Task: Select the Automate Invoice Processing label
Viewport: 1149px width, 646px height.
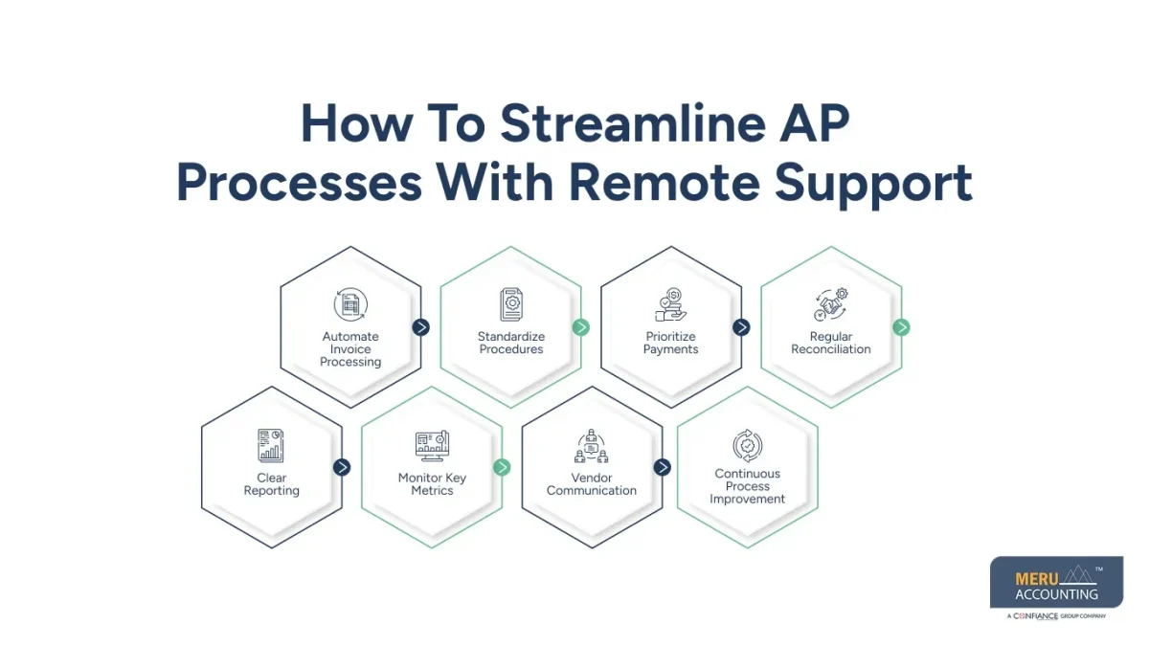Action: pyautogui.click(x=350, y=349)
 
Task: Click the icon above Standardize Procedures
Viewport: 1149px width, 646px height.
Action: pyautogui.click(x=511, y=304)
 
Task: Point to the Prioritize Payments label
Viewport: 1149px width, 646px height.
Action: pyautogui.click(x=671, y=343)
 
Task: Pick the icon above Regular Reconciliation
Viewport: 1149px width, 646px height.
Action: pyautogui.click(x=830, y=304)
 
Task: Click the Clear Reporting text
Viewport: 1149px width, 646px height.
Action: pyautogui.click(x=272, y=484)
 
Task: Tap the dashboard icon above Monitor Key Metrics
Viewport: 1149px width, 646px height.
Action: pyautogui.click(x=432, y=445)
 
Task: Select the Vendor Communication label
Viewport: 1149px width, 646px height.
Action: pyautogui.click(x=592, y=484)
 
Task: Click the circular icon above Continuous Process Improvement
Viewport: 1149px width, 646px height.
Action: pyautogui.click(x=747, y=445)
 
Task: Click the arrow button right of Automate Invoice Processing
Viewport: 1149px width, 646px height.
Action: pyautogui.click(x=421, y=327)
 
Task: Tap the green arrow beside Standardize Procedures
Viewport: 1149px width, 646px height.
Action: pyautogui.click(x=581, y=327)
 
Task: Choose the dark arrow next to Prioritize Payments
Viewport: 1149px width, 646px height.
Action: pyautogui.click(x=741, y=327)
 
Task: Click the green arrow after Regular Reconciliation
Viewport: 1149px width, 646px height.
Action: pyautogui.click(x=901, y=327)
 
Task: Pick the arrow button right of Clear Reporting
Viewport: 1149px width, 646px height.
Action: pyautogui.click(x=342, y=467)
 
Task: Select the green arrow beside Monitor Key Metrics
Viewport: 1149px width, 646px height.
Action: pyautogui.click(x=502, y=467)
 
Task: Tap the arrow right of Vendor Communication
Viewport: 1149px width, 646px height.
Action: pyautogui.click(x=662, y=467)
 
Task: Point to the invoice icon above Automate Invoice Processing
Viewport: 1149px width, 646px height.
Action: pyautogui.click(x=350, y=304)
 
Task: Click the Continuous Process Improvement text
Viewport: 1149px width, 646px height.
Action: pyautogui.click(x=747, y=486)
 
